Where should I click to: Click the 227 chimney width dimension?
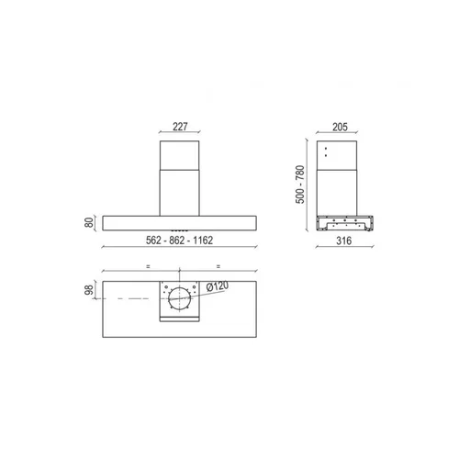click(180, 127)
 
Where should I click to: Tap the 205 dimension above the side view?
click(340, 127)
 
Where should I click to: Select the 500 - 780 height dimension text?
click(300, 185)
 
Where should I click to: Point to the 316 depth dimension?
click(344, 241)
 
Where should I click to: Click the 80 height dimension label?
click(89, 222)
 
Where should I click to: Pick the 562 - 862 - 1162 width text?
click(179, 241)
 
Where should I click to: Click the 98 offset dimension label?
click(89, 290)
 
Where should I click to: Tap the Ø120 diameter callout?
click(218, 286)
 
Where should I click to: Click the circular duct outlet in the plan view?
click(180, 298)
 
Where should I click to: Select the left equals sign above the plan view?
click(148, 266)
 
